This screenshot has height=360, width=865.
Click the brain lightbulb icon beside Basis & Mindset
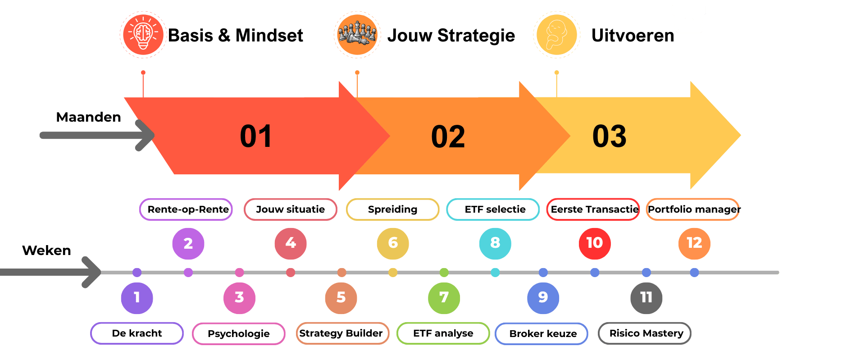coord(143,35)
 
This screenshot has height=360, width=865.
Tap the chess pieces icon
coord(357,35)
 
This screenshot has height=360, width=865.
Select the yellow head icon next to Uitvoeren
coord(556,35)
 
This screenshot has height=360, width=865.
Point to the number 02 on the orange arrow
coord(448,137)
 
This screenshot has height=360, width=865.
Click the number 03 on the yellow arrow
coord(609,136)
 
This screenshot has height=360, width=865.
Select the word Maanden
coord(88,117)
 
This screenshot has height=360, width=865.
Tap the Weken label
coord(46,251)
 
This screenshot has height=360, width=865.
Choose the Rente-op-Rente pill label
coord(186,210)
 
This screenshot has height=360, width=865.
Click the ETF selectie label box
coord(493,210)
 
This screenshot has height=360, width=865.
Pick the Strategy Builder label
coord(341,333)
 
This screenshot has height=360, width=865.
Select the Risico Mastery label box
coord(645,333)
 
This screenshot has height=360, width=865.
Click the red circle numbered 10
coord(594,243)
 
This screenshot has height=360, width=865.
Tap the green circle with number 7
coord(443,297)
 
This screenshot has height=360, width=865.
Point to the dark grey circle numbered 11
coord(646,297)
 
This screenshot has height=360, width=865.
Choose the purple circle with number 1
coord(137,297)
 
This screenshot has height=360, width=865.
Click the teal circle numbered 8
coord(495,243)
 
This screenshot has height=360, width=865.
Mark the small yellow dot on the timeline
coord(392,273)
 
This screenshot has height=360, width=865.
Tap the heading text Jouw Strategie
coord(451,36)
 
